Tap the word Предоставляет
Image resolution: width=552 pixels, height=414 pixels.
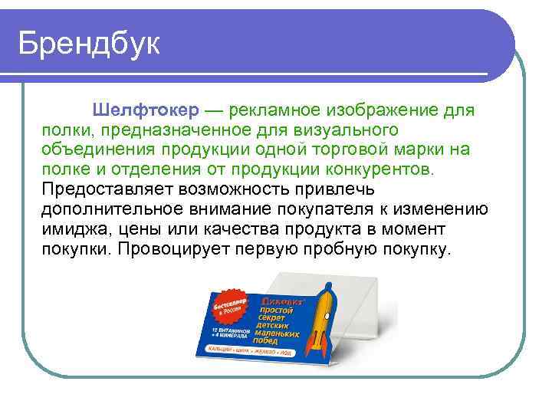pos(105,189)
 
